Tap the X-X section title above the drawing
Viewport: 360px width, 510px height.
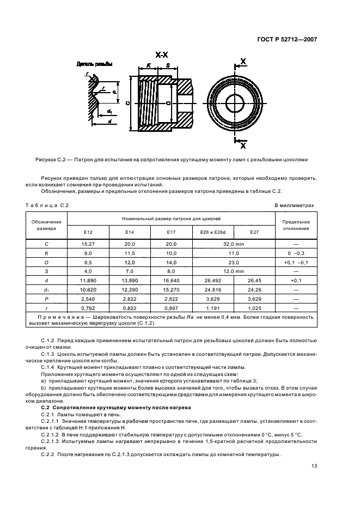point(161,55)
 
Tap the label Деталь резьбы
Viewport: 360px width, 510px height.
point(94,64)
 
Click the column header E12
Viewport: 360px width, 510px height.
point(88,232)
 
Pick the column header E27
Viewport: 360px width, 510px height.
point(254,232)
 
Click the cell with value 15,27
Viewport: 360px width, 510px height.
point(88,244)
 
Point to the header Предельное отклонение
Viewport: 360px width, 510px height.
point(296,225)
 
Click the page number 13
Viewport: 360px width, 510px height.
point(314,465)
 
